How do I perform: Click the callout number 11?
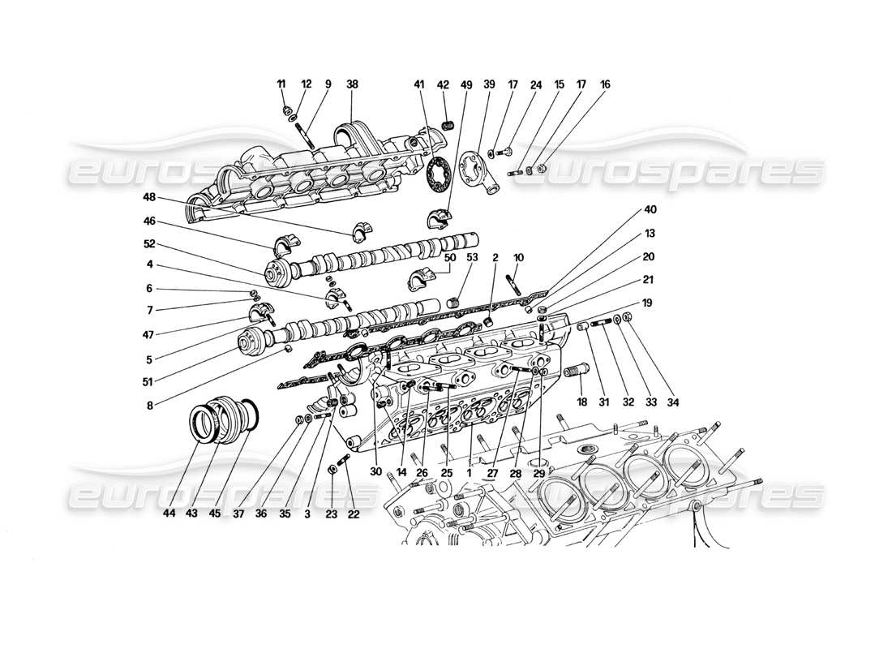[x=281, y=84]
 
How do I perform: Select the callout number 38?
[x=354, y=84]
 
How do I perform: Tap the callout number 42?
[x=443, y=84]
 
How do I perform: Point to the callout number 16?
[x=606, y=84]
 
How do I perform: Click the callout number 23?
[x=332, y=514]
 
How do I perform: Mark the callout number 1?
[x=470, y=472]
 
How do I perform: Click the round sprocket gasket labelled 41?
[x=438, y=173]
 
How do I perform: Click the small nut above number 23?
[x=332, y=471]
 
